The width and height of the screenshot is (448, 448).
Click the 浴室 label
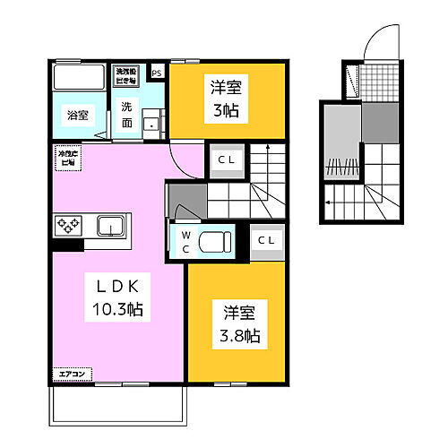pos(77,115)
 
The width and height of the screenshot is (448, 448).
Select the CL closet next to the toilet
pos(266,240)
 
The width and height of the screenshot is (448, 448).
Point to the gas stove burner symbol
pos(69,225)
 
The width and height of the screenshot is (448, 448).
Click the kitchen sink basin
pos(111,224)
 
